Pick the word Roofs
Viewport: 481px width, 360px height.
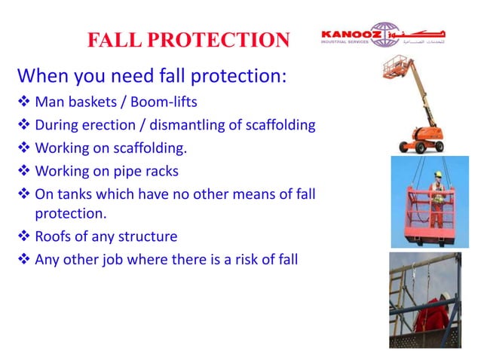(x=54, y=236)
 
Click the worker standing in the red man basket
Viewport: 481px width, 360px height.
(x=435, y=195)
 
